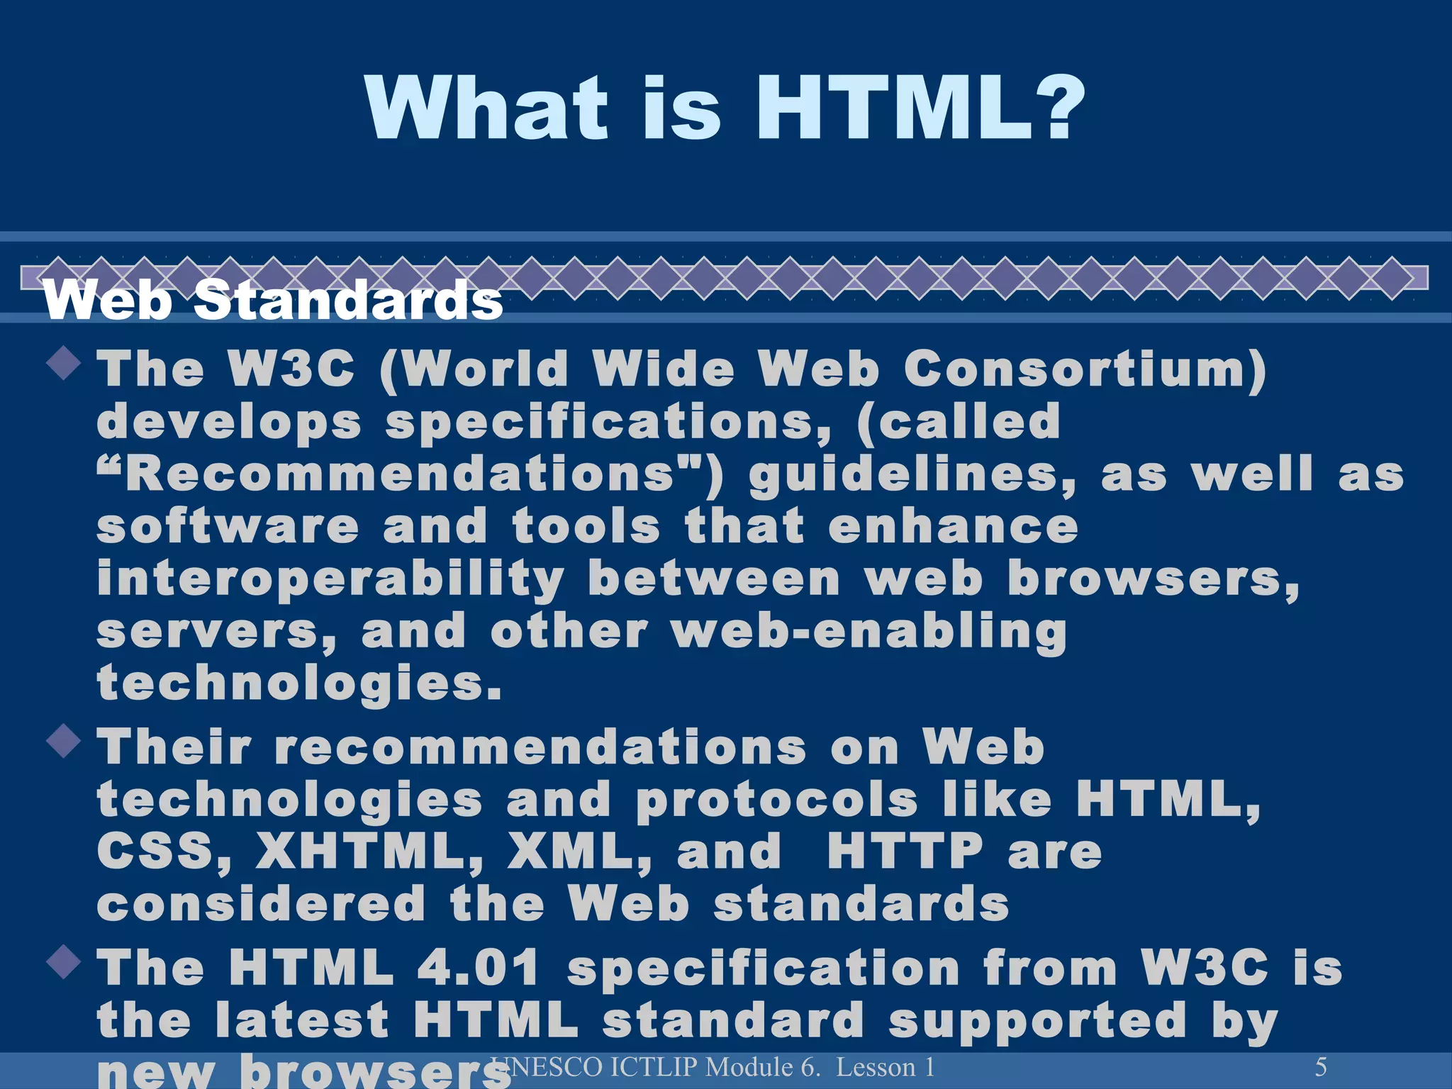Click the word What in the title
(487, 108)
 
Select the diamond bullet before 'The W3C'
(65, 362)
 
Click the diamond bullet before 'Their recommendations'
(65, 741)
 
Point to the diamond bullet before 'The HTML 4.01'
(65, 962)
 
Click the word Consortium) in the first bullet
(1085, 369)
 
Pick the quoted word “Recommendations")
(411, 474)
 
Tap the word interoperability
(330, 580)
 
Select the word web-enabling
(869, 632)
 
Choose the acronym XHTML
(369, 851)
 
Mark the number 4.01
(479, 968)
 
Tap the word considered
(261, 904)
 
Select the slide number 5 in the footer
(1320, 1066)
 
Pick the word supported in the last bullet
(1037, 1022)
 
